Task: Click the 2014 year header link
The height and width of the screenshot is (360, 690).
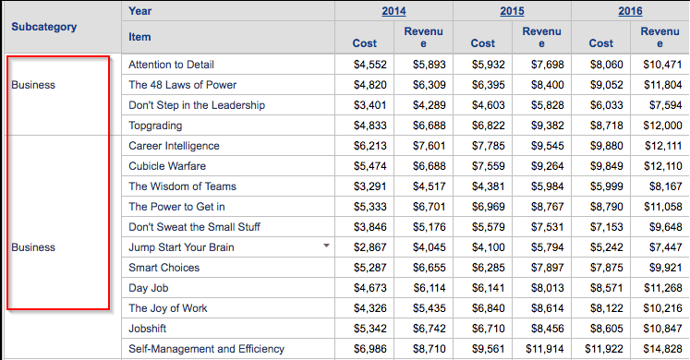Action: pos(393,11)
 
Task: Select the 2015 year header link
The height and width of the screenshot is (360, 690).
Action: pos(512,11)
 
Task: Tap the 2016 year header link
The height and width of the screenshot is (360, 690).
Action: pos(630,11)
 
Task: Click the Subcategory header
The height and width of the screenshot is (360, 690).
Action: pos(44,27)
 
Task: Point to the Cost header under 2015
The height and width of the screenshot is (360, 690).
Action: pos(483,43)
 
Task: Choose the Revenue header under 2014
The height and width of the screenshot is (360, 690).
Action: pos(423,37)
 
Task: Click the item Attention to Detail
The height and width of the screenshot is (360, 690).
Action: pos(171,65)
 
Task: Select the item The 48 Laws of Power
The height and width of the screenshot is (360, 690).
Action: pos(182,85)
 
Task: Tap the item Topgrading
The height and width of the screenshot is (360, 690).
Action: pos(155,126)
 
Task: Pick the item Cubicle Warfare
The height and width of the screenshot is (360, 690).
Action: pos(167,166)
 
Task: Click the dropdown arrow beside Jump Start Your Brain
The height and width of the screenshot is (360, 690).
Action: pos(326,246)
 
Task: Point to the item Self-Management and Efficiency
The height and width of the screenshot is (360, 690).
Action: pos(206,349)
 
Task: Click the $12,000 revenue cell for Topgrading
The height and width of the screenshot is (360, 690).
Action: pos(662,126)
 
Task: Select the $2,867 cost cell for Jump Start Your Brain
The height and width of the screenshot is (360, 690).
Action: pos(370,247)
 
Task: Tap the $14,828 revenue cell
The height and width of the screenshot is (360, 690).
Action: pos(662,349)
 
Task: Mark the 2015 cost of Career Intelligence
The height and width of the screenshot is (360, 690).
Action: pos(489,146)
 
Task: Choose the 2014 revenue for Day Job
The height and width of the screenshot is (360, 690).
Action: pos(429,288)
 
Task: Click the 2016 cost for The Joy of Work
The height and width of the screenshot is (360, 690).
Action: pos(606,308)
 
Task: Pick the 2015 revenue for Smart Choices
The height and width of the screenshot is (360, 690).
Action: pos(548,268)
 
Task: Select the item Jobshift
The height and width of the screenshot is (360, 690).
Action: pos(148,329)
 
